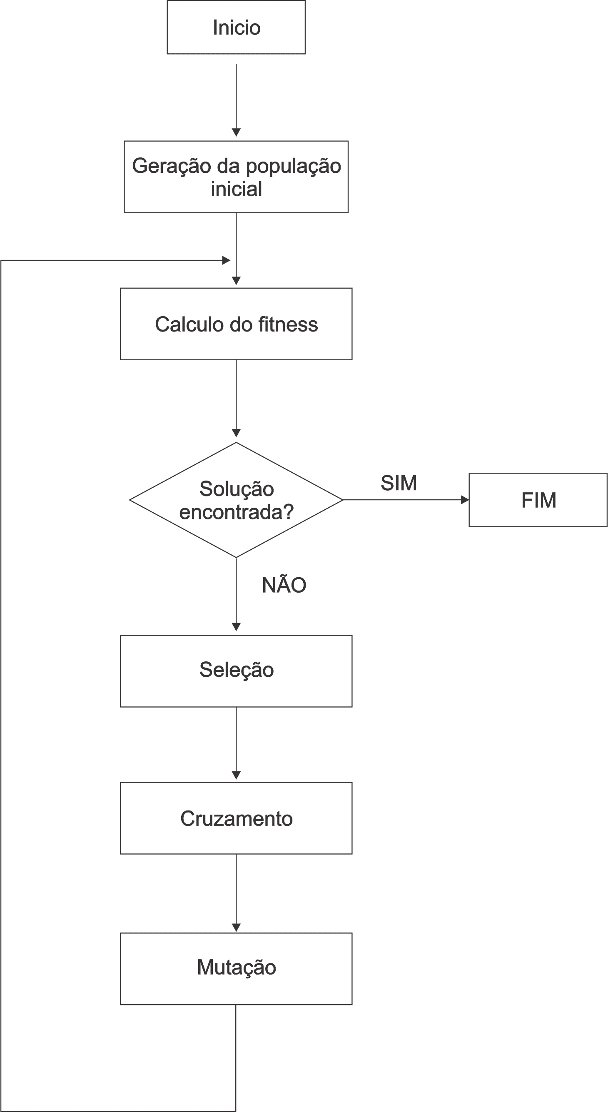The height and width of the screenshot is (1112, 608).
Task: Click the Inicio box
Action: (236, 27)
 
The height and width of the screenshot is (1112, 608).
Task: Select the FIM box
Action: (538, 500)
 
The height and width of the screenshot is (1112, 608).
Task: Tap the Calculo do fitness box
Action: (236, 324)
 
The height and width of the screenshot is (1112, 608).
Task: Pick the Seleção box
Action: (236, 671)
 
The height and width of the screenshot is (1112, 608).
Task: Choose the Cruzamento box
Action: (236, 818)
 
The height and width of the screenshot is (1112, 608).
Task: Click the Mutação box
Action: (236, 969)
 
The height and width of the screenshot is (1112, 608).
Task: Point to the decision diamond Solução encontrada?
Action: (236, 500)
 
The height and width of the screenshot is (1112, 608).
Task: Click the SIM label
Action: (398, 483)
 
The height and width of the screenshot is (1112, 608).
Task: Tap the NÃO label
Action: (284, 585)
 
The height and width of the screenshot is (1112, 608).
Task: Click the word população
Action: (294, 166)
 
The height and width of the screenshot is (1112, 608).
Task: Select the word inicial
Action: (236, 189)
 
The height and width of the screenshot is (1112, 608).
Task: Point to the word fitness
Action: (288, 324)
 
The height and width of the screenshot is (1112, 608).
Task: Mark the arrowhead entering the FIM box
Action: (465, 500)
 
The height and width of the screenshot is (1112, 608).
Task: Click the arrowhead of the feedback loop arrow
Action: (226, 260)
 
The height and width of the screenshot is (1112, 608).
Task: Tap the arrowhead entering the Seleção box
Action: (236, 626)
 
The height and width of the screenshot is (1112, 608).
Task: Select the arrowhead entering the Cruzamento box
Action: (236, 775)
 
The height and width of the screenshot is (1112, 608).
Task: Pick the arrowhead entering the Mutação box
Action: (236, 927)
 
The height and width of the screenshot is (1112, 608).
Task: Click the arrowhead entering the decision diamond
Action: (236, 433)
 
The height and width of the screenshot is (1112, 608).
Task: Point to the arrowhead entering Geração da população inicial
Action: (236, 132)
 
